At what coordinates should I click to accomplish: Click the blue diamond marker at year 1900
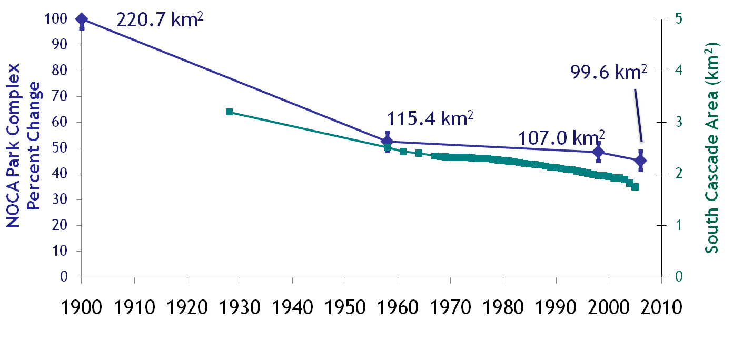click(x=82, y=19)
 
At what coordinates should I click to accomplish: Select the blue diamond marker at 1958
click(x=387, y=141)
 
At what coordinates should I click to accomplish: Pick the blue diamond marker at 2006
click(x=641, y=161)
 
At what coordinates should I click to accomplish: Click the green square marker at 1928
click(x=229, y=112)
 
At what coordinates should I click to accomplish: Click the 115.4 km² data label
click(x=430, y=118)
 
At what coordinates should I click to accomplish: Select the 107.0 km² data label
click(x=561, y=138)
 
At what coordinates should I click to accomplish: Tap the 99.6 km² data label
click(x=608, y=72)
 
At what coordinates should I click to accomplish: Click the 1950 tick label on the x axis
click(x=345, y=307)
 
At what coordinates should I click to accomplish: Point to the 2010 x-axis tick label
click(x=661, y=307)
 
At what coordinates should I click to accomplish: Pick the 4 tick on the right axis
click(x=674, y=71)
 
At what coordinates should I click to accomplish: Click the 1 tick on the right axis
click(x=674, y=225)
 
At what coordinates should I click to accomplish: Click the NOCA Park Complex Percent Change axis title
click(x=24, y=145)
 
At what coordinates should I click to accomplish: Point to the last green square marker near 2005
click(x=635, y=187)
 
